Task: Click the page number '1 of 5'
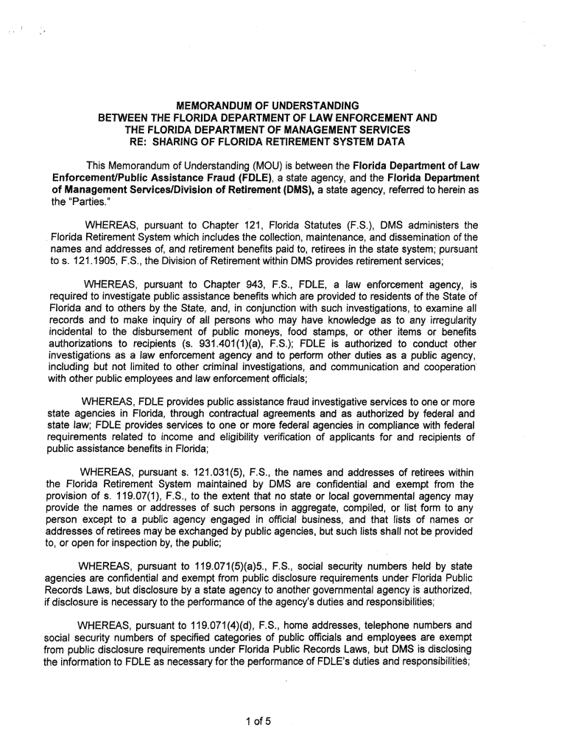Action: [x=259, y=722]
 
